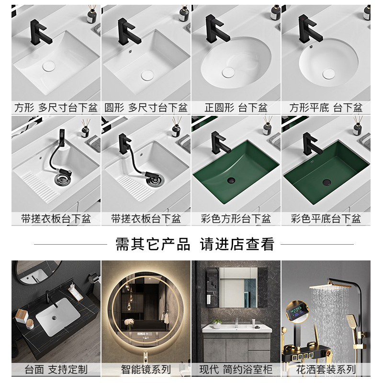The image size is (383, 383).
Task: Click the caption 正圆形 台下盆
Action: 236,108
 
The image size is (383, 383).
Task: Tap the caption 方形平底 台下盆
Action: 326,108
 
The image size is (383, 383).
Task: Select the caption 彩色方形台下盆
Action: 236,219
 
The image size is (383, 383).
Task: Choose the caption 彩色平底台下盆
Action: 326,219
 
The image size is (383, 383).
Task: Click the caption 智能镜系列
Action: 146,370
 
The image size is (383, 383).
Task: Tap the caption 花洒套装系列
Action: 326,370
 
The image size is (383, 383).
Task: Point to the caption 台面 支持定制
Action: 56,370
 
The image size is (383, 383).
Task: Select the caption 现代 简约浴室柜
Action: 236,370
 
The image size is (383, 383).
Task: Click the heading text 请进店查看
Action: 237,244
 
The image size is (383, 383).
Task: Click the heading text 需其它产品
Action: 153,244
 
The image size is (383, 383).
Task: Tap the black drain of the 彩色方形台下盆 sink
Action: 231,180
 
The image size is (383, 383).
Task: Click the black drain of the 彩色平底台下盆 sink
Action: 327,182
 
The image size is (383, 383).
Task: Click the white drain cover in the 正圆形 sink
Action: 228,72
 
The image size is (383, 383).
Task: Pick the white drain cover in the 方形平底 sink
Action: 328,74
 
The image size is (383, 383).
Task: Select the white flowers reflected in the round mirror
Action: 129,322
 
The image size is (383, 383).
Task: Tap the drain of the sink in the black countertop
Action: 54,317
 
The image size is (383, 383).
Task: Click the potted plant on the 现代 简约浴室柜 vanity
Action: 217,323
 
